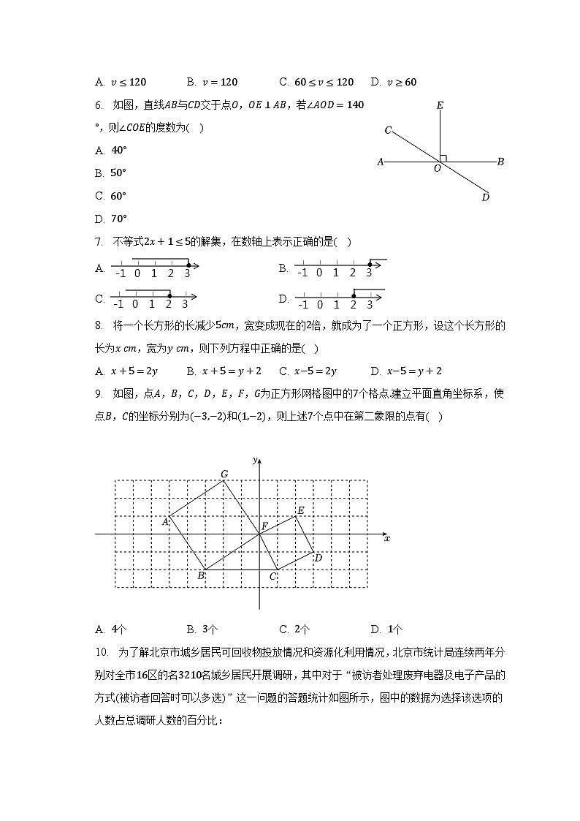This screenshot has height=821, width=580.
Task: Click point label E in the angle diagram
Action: (440, 105)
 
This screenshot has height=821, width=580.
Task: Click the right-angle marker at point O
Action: (443, 157)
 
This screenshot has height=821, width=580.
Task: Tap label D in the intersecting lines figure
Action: (485, 197)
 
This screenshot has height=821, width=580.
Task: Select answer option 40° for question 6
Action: (118, 150)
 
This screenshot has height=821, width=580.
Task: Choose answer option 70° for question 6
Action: (118, 218)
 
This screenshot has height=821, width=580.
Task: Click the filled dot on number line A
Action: (188, 265)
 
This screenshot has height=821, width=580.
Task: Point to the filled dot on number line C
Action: (169, 295)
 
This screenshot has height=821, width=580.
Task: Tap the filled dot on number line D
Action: (354, 295)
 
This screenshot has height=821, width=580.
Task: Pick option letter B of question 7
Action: (283, 268)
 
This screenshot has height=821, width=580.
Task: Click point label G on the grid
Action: (224, 474)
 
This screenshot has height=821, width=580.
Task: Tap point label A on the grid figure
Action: (165, 521)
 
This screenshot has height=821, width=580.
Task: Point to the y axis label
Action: (253, 460)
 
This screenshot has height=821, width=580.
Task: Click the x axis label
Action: (387, 539)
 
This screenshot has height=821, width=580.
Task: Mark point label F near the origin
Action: (264, 526)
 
